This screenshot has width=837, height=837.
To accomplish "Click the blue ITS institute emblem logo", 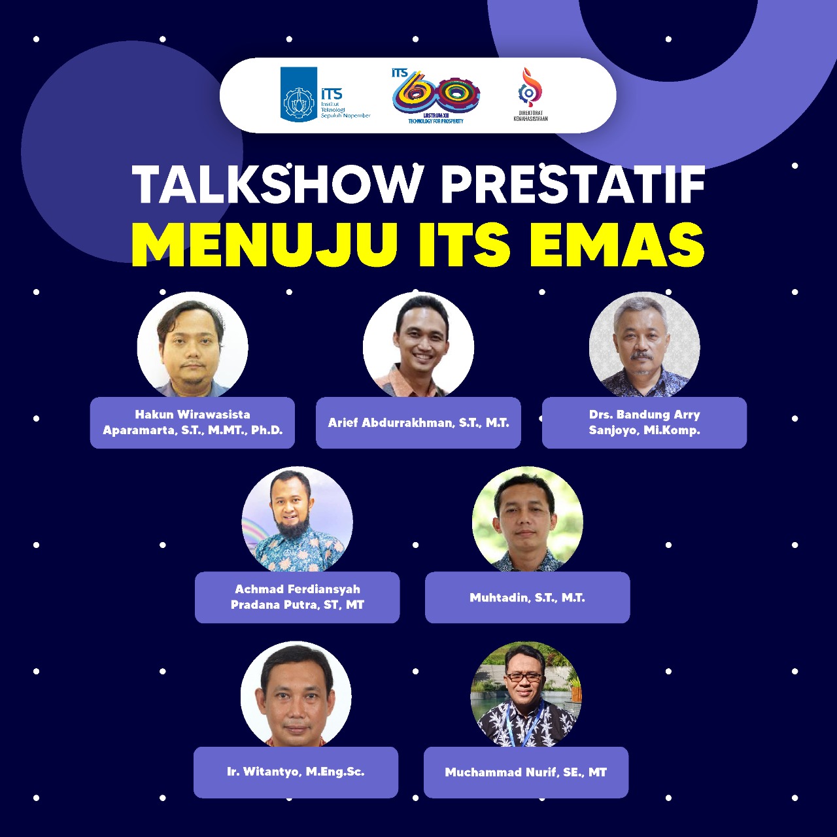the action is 299,94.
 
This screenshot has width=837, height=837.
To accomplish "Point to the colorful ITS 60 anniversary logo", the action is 436,96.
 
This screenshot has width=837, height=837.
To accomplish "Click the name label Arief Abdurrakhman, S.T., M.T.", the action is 418,422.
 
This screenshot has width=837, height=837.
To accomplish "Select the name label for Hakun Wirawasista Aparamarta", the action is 192,422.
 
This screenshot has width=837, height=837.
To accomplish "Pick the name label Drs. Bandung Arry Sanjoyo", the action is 644,422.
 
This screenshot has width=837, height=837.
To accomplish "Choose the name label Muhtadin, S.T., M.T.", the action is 527,597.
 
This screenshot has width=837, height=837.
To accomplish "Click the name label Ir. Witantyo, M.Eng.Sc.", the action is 296,772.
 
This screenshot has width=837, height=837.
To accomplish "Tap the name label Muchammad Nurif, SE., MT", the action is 526,772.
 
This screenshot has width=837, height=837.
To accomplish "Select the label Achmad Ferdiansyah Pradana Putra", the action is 297,597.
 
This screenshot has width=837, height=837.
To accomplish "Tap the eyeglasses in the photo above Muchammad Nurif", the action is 525,677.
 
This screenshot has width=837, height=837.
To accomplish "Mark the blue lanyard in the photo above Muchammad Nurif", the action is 524,723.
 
